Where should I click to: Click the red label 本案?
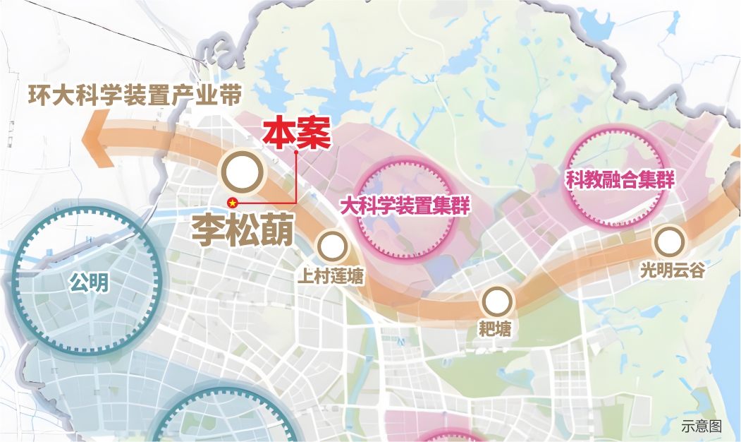click(x=296, y=133)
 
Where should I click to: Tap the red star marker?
click(x=232, y=203)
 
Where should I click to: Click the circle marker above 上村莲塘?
click(x=331, y=246)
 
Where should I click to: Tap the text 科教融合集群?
click(x=620, y=180)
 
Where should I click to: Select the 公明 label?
click(x=89, y=283)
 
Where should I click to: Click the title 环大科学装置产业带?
click(x=135, y=95)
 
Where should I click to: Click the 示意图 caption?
click(x=702, y=426)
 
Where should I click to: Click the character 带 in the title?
click(x=230, y=95)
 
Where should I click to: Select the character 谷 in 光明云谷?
click(x=696, y=270)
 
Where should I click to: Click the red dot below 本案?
click(x=297, y=151)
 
